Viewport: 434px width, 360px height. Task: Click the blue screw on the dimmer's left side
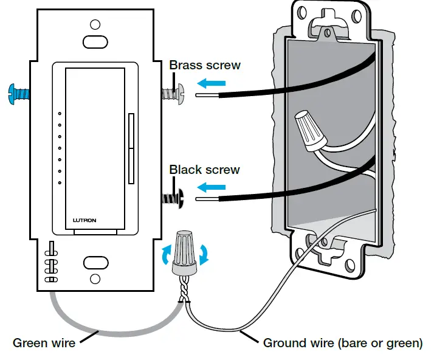pyautogui.click(x=19, y=94)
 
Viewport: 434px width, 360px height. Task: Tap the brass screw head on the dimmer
pyautogui.click(x=181, y=94)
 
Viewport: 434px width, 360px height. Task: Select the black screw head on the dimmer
pyautogui.click(x=181, y=198)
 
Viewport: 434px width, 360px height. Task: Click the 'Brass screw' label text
pyautogui.click(x=205, y=65)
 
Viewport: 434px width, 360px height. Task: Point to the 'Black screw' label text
pyautogui.click(x=205, y=170)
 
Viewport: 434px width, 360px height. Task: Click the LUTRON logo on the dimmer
pyautogui.click(x=84, y=220)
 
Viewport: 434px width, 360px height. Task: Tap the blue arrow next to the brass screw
pyautogui.click(x=212, y=83)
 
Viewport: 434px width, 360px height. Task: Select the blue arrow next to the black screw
pyautogui.click(x=212, y=187)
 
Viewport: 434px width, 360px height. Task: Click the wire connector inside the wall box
pyautogui.click(x=310, y=130)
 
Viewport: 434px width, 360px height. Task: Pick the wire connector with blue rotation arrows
pyautogui.click(x=185, y=253)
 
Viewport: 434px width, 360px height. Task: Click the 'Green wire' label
pyautogui.click(x=44, y=343)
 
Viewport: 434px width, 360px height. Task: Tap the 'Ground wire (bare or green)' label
pyautogui.click(x=343, y=343)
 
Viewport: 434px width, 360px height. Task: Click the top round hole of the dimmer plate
pyautogui.click(x=95, y=25)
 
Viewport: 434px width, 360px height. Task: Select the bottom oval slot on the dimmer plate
pyautogui.click(x=95, y=263)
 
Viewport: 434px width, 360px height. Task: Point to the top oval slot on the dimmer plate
pyautogui.click(x=95, y=42)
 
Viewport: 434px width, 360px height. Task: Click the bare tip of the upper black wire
pyautogui.click(x=207, y=95)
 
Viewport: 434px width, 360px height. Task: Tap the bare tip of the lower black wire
pyautogui.click(x=207, y=199)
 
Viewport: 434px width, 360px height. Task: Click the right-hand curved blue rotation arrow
pyautogui.click(x=204, y=254)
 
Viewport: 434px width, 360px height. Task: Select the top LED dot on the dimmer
pyautogui.click(x=60, y=114)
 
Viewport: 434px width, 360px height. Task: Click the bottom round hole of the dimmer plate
pyautogui.click(x=95, y=279)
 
